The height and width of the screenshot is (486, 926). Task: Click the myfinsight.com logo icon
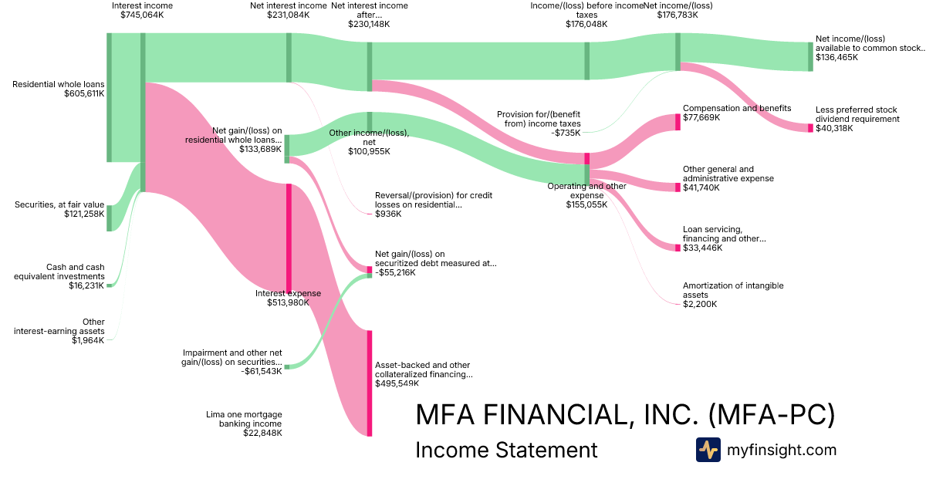pos(708,450)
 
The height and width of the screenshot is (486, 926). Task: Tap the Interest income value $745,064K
pos(142,15)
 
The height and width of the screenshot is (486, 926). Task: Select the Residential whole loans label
pos(59,84)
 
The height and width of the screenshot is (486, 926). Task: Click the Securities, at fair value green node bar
pos(109,218)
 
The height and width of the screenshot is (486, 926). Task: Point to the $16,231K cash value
pos(86,285)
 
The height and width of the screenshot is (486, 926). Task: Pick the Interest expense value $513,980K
pos(288,302)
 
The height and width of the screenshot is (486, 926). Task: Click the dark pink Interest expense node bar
pos(289,238)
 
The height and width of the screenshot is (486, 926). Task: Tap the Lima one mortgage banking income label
pos(244,419)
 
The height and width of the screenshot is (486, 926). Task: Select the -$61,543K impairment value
pos(262,371)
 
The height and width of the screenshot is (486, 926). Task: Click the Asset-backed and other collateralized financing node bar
pos(370,383)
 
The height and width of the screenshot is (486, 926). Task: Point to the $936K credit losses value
pos(388,214)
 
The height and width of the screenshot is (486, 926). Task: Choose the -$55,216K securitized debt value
pos(395,272)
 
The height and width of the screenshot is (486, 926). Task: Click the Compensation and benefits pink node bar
pos(678,123)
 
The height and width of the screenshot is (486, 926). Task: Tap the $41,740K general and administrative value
pos(701,187)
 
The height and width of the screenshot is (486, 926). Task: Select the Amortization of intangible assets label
pos(733,290)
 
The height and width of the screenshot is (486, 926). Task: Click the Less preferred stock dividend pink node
pos(811,128)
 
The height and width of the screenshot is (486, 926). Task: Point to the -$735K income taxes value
pos(566,133)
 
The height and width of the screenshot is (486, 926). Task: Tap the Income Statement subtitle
pos(506,450)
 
